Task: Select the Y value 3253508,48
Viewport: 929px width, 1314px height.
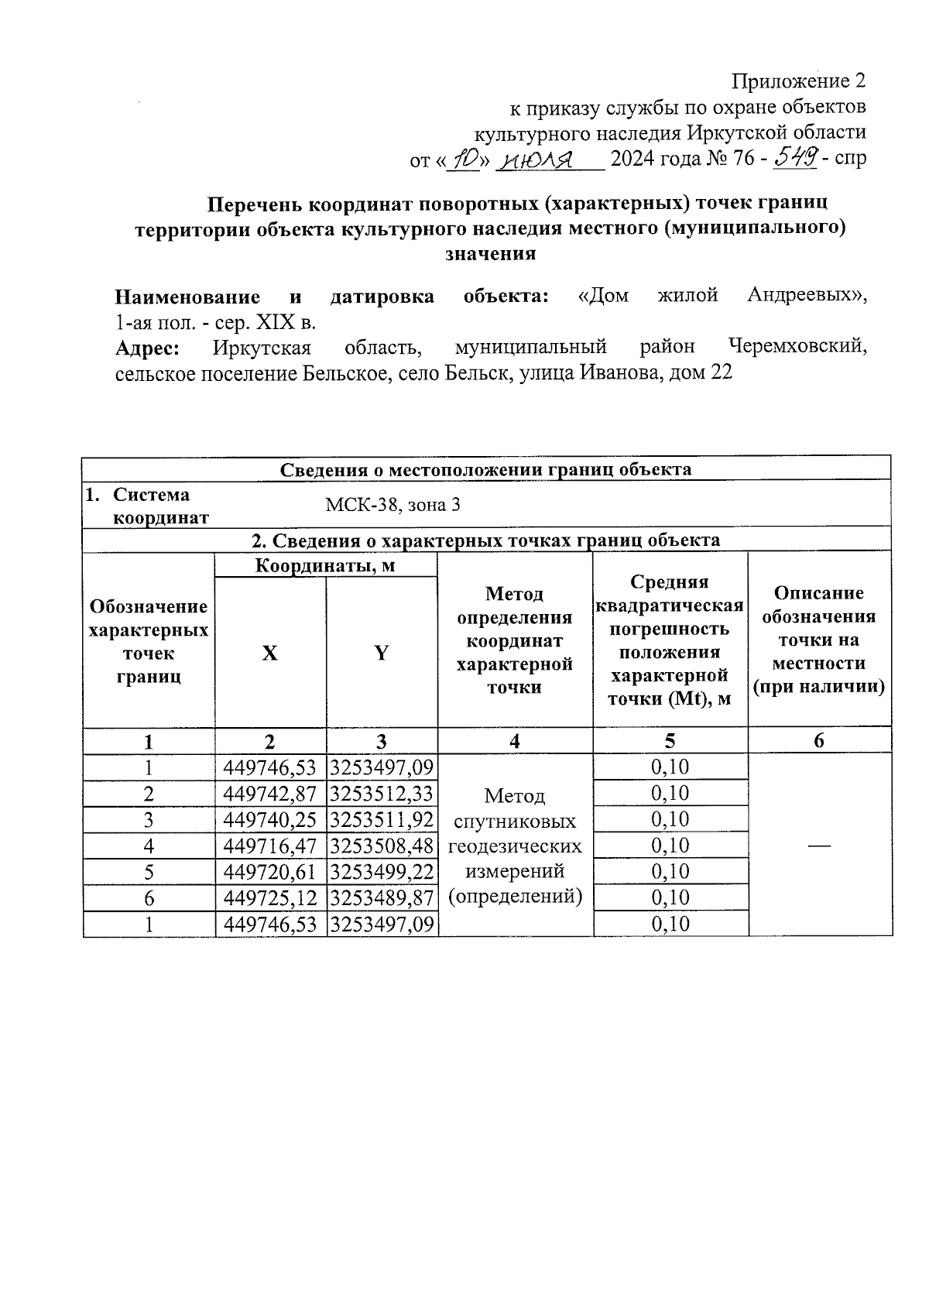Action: coord(382,846)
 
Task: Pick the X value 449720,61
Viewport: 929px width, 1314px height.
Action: coord(270,872)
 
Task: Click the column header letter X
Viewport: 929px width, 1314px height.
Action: coord(269,654)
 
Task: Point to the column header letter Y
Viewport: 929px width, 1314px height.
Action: coord(382,654)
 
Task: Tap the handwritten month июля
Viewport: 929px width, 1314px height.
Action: coord(537,160)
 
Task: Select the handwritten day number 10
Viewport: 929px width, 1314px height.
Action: coord(464,160)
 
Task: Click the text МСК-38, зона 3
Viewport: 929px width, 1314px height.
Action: coord(393,506)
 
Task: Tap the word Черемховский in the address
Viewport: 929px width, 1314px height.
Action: coord(797,347)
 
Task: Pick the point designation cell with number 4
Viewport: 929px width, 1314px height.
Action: coord(149,846)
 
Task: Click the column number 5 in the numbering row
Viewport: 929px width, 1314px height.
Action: coord(670,742)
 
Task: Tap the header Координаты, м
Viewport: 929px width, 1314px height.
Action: coord(325,566)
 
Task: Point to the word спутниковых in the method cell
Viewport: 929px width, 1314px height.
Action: coord(515,821)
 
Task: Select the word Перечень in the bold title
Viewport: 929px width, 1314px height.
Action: coord(255,204)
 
